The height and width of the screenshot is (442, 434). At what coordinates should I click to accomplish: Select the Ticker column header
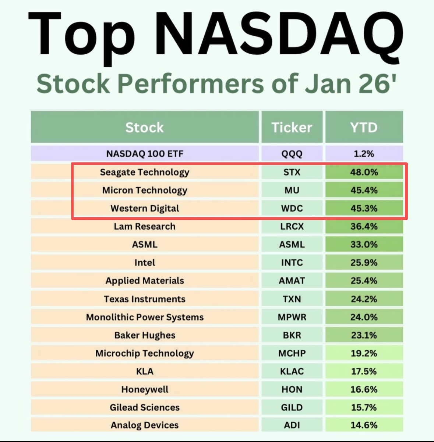(x=292, y=127)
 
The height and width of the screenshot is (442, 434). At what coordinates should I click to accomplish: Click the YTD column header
(x=364, y=127)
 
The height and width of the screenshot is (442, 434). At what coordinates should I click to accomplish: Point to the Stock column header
(x=145, y=127)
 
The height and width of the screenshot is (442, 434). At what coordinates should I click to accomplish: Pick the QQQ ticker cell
(x=292, y=154)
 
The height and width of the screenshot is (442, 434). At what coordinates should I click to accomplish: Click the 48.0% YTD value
(x=364, y=172)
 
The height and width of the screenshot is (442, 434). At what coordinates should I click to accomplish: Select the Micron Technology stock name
(x=145, y=191)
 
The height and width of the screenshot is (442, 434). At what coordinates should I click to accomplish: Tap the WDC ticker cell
(x=292, y=208)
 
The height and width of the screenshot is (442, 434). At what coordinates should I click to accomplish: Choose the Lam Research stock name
(x=145, y=226)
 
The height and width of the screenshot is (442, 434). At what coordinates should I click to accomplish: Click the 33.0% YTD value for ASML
(x=364, y=244)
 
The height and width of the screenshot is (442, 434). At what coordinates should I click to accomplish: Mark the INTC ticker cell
(x=292, y=263)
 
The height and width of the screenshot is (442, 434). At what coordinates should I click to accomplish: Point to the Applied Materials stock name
(x=145, y=281)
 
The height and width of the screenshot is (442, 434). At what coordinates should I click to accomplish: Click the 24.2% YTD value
(x=364, y=299)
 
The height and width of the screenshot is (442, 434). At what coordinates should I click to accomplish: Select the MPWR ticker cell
(x=292, y=317)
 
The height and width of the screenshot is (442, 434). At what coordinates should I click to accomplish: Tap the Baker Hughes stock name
(x=145, y=335)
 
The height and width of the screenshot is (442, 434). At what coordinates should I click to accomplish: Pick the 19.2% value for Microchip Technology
(x=364, y=353)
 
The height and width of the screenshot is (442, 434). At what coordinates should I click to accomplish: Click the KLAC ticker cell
(x=292, y=371)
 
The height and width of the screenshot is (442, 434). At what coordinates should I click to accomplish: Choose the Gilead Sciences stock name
(x=145, y=407)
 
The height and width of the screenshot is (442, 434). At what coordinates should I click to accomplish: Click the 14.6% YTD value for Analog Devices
(x=364, y=425)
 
